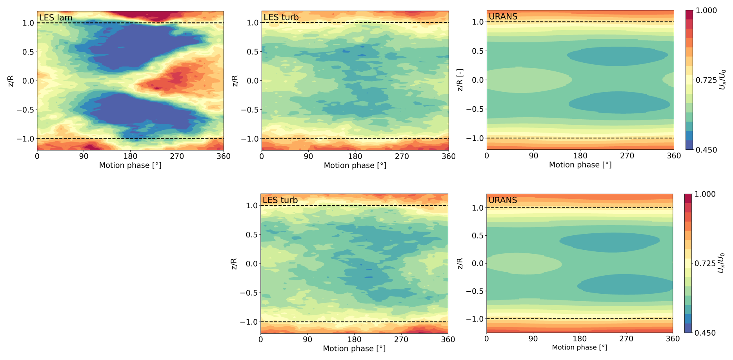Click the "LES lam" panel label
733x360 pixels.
(x=56, y=18)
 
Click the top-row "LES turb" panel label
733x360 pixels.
(x=281, y=17)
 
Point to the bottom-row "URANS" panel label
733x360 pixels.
(x=503, y=200)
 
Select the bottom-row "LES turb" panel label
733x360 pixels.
(x=280, y=200)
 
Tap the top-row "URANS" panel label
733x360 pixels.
(x=503, y=16)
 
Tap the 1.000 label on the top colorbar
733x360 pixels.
(x=706, y=11)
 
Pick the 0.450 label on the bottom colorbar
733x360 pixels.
(x=705, y=333)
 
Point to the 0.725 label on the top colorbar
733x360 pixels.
(x=706, y=80)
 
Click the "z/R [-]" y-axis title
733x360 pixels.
(x=460, y=80)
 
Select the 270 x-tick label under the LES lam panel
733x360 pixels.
(x=177, y=156)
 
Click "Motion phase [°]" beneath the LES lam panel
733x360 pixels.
(x=130, y=165)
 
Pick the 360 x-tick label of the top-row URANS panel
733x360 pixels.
(x=674, y=155)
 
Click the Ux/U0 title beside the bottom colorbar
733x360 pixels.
(x=721, y=263)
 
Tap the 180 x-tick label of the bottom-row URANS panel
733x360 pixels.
(x=580, y=338)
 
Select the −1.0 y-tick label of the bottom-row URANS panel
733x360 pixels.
(x=474, y=319)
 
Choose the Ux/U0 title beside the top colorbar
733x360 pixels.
(x=722, y=80)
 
